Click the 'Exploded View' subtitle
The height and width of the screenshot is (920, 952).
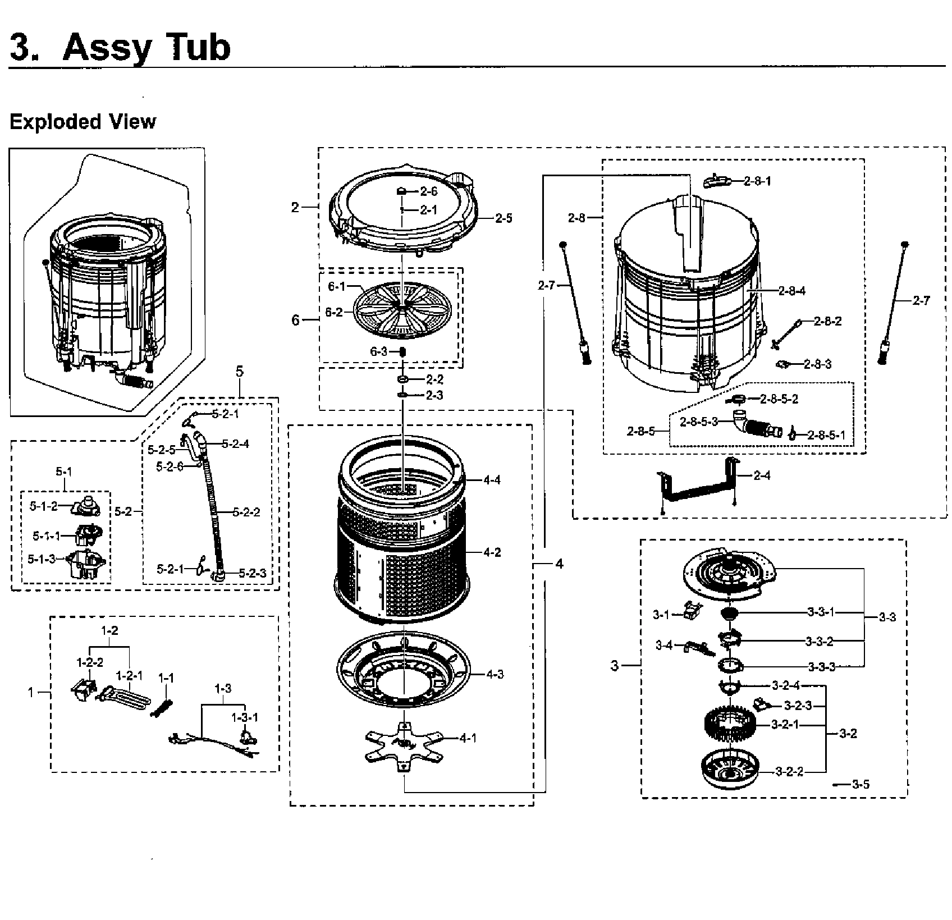(x=83, y=122)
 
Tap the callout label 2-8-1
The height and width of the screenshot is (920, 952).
(x=757, y=181)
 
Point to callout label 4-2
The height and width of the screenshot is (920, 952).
(x=492, y=552)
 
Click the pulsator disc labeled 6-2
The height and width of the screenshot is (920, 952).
(x=402, y=310)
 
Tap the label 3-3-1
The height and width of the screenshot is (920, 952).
(x=821, y=612)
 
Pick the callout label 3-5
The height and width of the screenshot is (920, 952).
(x=860, y=784)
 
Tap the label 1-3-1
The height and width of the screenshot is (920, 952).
(x=245, y=717)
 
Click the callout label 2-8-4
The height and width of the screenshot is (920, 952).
(x=792, y=291)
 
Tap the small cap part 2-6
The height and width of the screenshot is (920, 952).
(x=402, y=191)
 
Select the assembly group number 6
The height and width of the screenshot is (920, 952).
(x=295, y=320)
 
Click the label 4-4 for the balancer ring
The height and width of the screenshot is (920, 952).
(x=492, y=480)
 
